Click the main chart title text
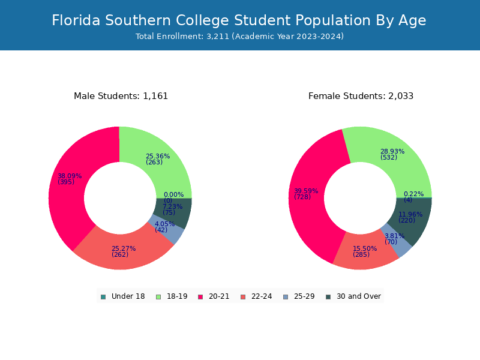coord(239,20)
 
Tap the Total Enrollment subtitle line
coord(239,37)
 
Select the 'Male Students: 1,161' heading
coord(121,96)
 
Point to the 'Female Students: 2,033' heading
coord(361,96)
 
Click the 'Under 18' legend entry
coord(123,296)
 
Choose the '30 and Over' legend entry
coord(353,296)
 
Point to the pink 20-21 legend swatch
coord(200,297)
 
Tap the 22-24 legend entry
coord(256,296)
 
